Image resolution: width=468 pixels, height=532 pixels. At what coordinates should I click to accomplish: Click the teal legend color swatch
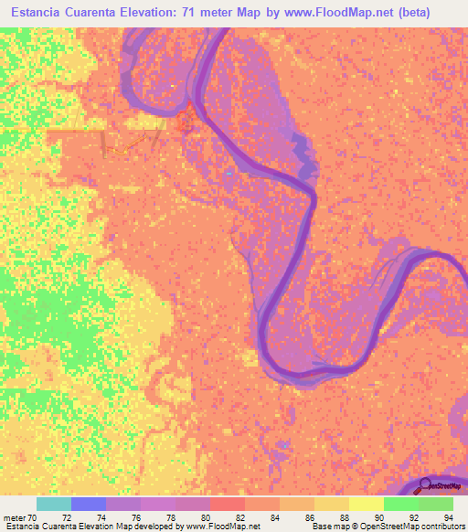click(54, 504)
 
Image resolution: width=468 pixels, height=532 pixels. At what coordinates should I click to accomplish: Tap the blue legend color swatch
click(89, 504)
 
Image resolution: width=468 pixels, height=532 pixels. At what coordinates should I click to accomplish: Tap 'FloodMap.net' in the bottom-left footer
click(222, 526)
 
